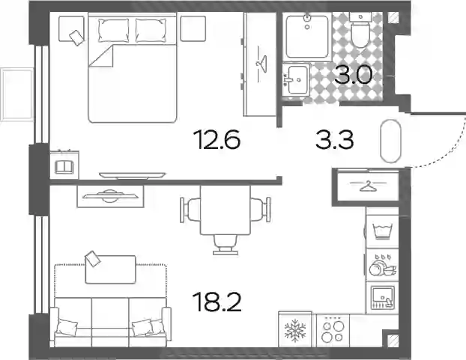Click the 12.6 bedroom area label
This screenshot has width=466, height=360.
tap(217, 140)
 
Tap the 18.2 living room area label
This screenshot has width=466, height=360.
tap(217, 302)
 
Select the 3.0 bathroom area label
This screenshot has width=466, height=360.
tap(354, 76)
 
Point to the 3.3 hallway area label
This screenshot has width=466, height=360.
tap(335, 140)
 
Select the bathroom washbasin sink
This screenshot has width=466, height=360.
tap(296, 79)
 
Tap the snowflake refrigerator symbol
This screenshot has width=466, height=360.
tap(295, 330)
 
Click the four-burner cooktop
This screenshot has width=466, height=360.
tap(333, 331)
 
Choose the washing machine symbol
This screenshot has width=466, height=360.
tap(383, 231)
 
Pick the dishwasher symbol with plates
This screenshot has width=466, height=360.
tap(383, 265)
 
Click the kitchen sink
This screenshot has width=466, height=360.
tap(383, 297)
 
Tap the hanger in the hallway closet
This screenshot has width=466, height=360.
tap(369, 186)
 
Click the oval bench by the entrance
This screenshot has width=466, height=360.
tap(390, 141)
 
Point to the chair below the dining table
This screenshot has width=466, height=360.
tap(226, 245)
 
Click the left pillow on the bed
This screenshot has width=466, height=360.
tap(114, 30)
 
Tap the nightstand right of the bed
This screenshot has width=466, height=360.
tap(193, 28)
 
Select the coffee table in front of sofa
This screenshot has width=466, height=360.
tap(111, 269)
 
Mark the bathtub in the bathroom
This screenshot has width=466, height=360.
tap(307, 37)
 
